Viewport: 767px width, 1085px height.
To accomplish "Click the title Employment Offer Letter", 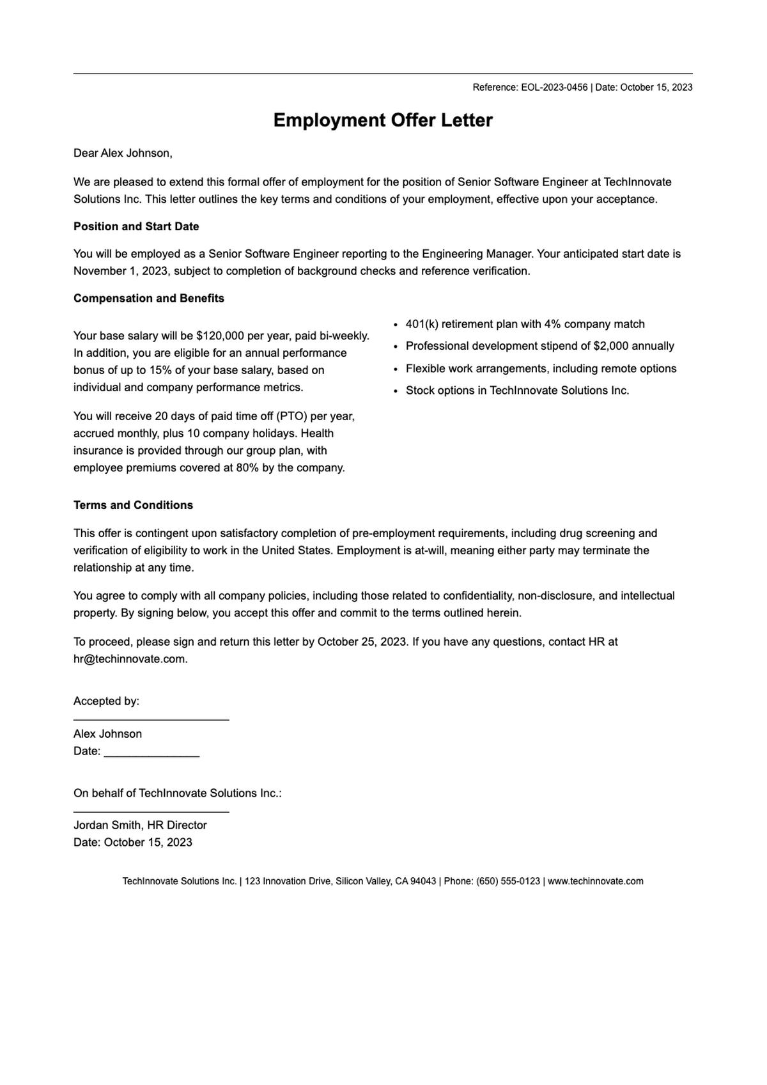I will pos(383,120).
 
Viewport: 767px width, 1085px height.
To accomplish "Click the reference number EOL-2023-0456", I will pos(554,88).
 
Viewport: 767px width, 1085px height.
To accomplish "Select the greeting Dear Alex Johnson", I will pos(123,153).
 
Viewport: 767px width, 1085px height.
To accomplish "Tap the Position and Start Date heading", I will pos(136,226).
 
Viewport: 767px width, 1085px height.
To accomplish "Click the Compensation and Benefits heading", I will pos(149,298).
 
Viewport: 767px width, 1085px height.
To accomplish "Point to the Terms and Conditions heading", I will pos(133,505).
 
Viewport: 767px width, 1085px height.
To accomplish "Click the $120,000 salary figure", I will pos(220,336).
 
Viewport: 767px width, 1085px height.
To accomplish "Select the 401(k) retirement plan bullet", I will pos(525,324).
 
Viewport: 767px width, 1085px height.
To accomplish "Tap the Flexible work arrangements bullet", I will pos(541,368).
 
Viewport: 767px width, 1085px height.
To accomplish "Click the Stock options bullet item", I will pos(517,390).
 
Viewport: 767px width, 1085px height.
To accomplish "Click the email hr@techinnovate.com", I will pos(130,659).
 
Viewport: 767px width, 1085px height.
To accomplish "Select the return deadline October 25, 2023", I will pos(362,641).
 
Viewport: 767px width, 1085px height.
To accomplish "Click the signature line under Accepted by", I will pos(151,719).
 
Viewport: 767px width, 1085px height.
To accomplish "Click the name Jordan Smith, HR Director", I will pos(140,825).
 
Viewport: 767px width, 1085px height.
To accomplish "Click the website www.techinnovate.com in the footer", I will pos(595,881).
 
